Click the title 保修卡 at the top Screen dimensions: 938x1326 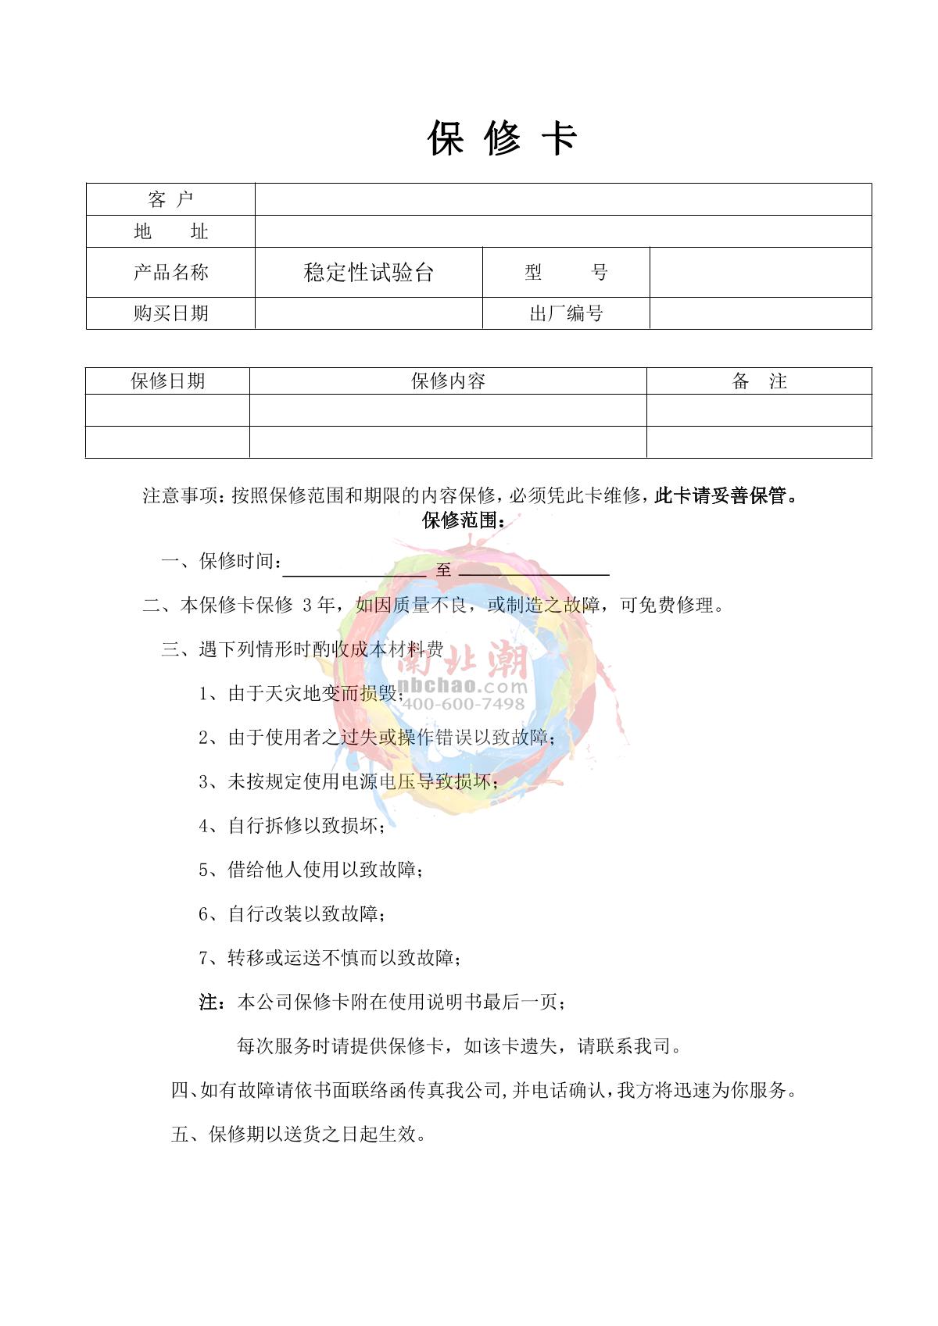pos(502,139)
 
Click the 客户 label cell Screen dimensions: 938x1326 pos(170,200)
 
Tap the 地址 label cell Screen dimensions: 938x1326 pos(170,232)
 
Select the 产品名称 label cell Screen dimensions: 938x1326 pos(170,273)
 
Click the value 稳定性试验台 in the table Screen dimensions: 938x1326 pos(368,273)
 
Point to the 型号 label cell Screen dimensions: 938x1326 pos(566,273)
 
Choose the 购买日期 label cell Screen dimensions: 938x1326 pos(170,313)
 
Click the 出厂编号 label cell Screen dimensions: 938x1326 pos(566,314)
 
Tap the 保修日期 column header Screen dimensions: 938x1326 pos(167,381)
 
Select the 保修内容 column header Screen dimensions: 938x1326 pos(448,381)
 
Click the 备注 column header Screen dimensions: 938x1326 pos(758,381)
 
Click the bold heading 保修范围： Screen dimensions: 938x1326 pos(464,520)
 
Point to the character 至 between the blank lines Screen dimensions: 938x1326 pos(443,570)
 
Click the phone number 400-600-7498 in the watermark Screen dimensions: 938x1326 pos(463,704)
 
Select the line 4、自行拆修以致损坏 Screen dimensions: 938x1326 pos(292,826)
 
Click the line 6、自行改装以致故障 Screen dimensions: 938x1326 pos(292,914)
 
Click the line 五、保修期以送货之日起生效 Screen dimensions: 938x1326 pos(299,1135)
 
